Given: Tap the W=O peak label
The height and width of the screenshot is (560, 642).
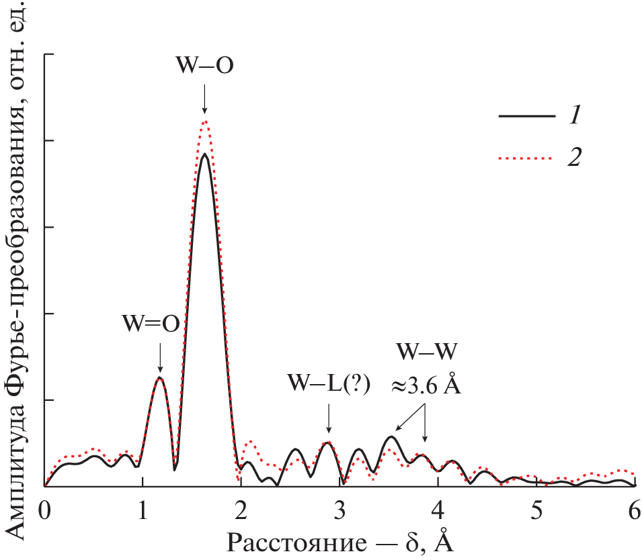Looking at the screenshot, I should coord(151,324).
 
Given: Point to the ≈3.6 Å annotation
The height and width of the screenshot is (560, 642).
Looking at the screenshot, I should coord(426,387).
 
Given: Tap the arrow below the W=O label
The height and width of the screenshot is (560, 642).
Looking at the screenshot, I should coord(160,357).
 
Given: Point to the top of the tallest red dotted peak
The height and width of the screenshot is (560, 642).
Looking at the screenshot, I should coord(205,122).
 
